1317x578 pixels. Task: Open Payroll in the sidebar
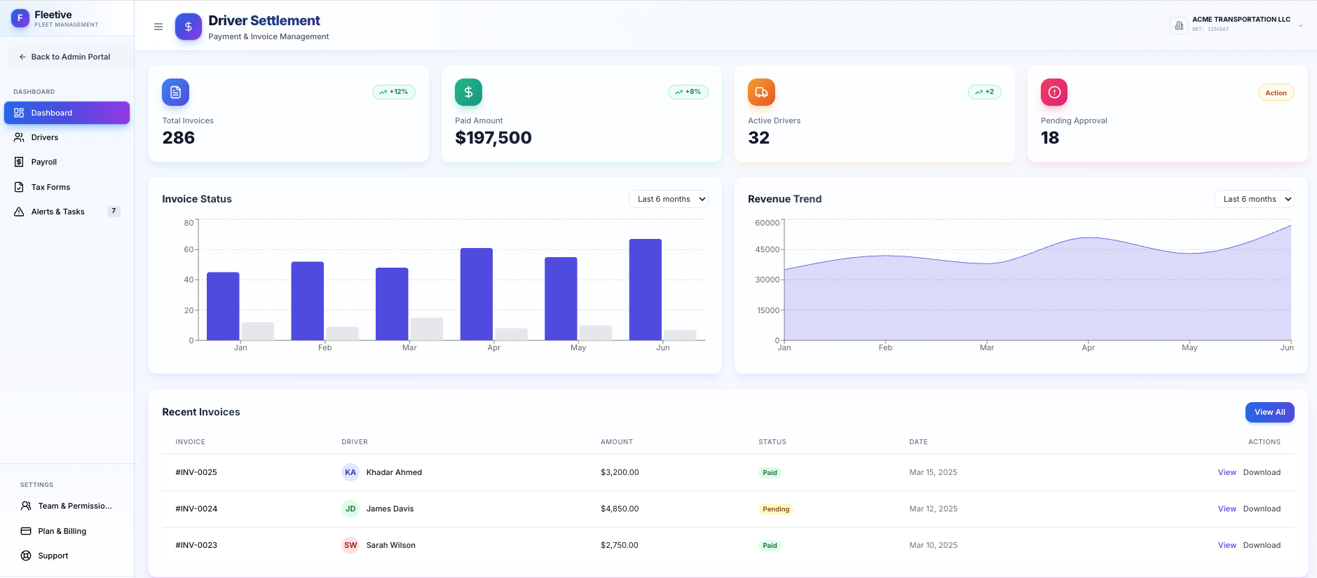[x=43, y=162]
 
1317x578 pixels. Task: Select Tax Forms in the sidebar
[x=50, y=187]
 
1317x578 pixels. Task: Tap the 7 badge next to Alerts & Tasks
[x=114, y=211]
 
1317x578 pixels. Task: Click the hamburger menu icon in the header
[x=158, y=27]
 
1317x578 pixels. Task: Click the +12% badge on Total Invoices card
[x=394, y=92]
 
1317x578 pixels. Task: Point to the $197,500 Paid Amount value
[x=493, y=138]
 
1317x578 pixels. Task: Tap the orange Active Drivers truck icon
[x=761, y=92]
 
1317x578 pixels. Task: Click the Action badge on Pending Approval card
[x=1276, y=92]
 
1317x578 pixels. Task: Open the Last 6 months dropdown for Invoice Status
[x=668, y=199]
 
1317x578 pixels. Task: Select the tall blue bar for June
[x=645, y=289]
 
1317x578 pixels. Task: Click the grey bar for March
[x=426, y=329]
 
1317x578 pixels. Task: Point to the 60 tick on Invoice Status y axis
[x=189, y=249]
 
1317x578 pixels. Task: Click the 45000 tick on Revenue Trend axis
[x=767, y=249]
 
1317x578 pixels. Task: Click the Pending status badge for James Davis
[x=776, y=509]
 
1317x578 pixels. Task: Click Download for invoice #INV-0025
[x=1262, y=472]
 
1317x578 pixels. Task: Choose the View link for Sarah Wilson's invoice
[x=1227, y=545]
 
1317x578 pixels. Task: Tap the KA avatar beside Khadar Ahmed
[x=350, y=472]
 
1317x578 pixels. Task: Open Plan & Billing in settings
[x=62, y=531]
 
